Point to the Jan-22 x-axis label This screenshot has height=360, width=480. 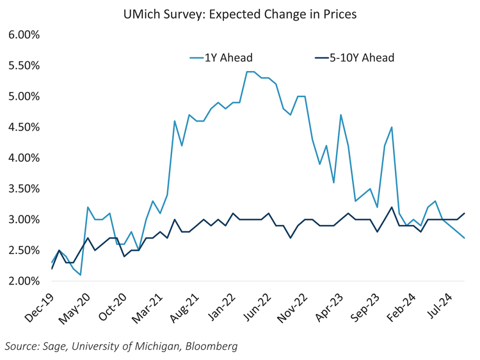(236, 306)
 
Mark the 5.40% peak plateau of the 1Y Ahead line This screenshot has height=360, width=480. (250, 72)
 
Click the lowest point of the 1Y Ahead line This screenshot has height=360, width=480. (80, 275)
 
